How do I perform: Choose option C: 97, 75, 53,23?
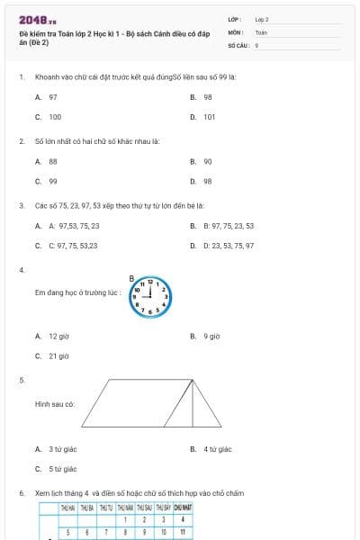pos(73,245)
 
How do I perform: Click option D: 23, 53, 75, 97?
pos(228,245)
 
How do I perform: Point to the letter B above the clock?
pos(131,278)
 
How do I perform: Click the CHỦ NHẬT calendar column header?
pos(183,508)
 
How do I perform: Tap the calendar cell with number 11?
pos(183,532)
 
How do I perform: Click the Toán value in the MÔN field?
pos(261,31)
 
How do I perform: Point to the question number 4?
pos(21,270)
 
